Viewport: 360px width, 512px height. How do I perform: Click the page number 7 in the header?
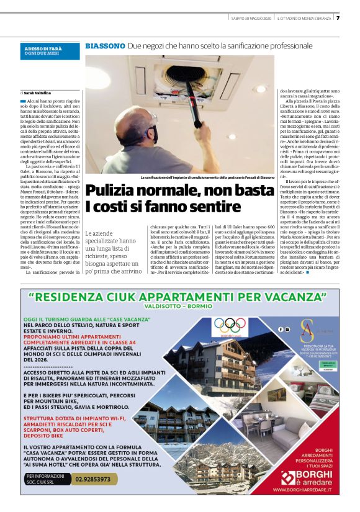[x=338, y=17]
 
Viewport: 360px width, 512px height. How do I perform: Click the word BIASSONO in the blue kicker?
[x=104, y=47]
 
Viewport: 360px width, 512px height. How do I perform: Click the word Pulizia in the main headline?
[x=114, y=191]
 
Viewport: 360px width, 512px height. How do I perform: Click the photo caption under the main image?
[x=207, y=177]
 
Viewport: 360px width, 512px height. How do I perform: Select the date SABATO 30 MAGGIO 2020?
[x=247, y=17]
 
